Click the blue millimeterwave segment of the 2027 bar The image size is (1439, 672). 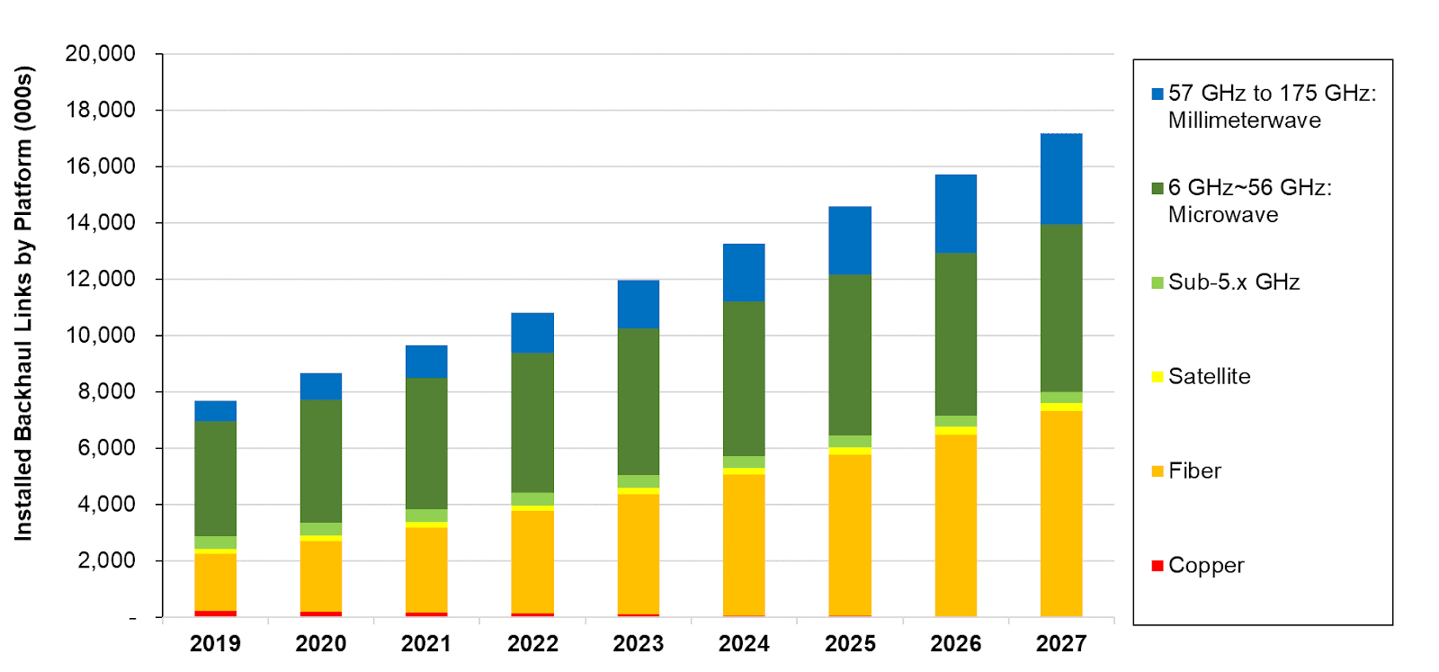click(1061, 178)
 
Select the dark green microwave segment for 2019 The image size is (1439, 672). click(216, 479)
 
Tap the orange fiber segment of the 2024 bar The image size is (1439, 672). click(744, 544)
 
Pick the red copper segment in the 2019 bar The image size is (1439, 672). click(216, 614)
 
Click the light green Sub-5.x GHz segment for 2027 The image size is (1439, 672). click(1061, 398)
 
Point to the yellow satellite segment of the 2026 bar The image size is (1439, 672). click(956, 431)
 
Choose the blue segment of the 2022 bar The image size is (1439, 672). click(532, 333)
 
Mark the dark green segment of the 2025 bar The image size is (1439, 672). click(850, 354)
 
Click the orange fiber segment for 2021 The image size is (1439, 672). click(426, 569)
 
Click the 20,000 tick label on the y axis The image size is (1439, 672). click(100, 54)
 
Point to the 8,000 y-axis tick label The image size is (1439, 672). click(106, 391)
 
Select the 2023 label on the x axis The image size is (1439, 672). click(639, 644)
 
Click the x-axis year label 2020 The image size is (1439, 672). click(321, 644)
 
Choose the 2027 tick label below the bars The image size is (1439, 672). click(1061, 644)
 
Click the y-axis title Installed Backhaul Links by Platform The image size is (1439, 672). click(23, 302)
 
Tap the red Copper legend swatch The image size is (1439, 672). click(1157, 566)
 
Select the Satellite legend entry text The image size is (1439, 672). click(1209, 377)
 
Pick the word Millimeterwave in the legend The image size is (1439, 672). click(1244, 121)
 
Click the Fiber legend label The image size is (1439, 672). click(1194, 471)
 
